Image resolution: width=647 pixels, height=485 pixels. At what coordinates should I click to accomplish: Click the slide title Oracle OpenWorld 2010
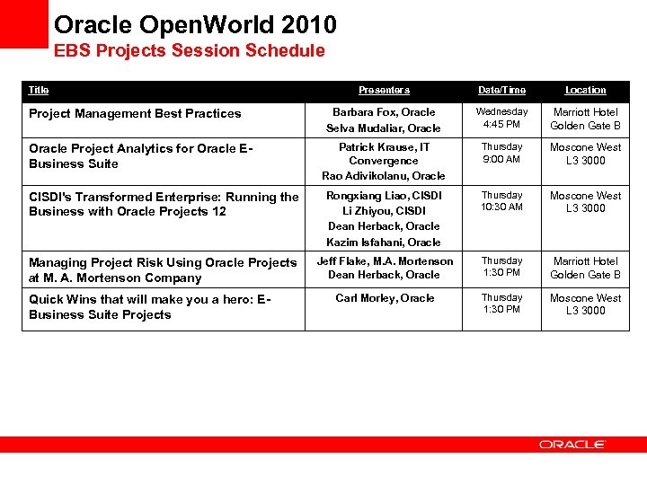[x=195, y=23]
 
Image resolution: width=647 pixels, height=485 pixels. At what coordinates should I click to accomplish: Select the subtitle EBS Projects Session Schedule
[x=189, y=51]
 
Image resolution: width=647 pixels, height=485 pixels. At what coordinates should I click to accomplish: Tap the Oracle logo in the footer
[x=572, y=445]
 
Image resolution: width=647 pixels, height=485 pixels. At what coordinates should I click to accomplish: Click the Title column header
[x=39, y=90]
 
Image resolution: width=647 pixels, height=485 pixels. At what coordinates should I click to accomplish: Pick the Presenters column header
[x=384, y=90]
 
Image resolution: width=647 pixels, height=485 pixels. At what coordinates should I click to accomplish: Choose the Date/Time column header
[x=501, y=90]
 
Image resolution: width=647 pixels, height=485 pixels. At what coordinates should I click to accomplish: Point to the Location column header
[x=585, y=90]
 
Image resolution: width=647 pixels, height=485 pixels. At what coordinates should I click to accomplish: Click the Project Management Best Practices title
[x=135, y=113]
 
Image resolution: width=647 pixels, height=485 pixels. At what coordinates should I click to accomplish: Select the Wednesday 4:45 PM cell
[x=501, y=119]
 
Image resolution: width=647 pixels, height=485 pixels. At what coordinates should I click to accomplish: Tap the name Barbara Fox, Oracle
[x=384, y=112]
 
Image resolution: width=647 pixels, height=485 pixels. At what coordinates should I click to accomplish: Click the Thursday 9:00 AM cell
[x=501, y=153]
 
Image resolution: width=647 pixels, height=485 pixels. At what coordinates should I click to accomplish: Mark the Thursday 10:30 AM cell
[x=501, y=201]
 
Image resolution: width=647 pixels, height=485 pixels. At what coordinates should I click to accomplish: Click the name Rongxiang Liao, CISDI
[x=384, y=195]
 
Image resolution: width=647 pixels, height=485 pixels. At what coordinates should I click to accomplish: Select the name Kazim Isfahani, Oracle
[x=384, y=242]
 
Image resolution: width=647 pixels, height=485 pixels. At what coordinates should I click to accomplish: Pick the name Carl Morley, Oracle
[x=385, y=297]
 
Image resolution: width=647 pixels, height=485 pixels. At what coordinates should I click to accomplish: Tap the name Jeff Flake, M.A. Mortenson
[x=385, y=260]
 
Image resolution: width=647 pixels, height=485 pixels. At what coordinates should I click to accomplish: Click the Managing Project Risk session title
[x=162, y=269]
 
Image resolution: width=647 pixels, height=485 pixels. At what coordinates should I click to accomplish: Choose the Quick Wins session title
[x=149, y=306]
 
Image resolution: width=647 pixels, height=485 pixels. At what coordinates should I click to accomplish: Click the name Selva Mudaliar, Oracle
[x=384, y=128]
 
